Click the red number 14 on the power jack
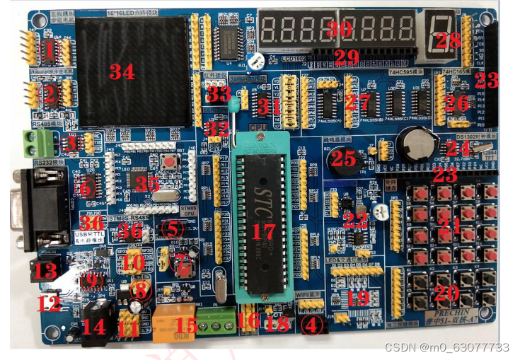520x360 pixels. [94, 327]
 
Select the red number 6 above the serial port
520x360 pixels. [85, 187]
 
